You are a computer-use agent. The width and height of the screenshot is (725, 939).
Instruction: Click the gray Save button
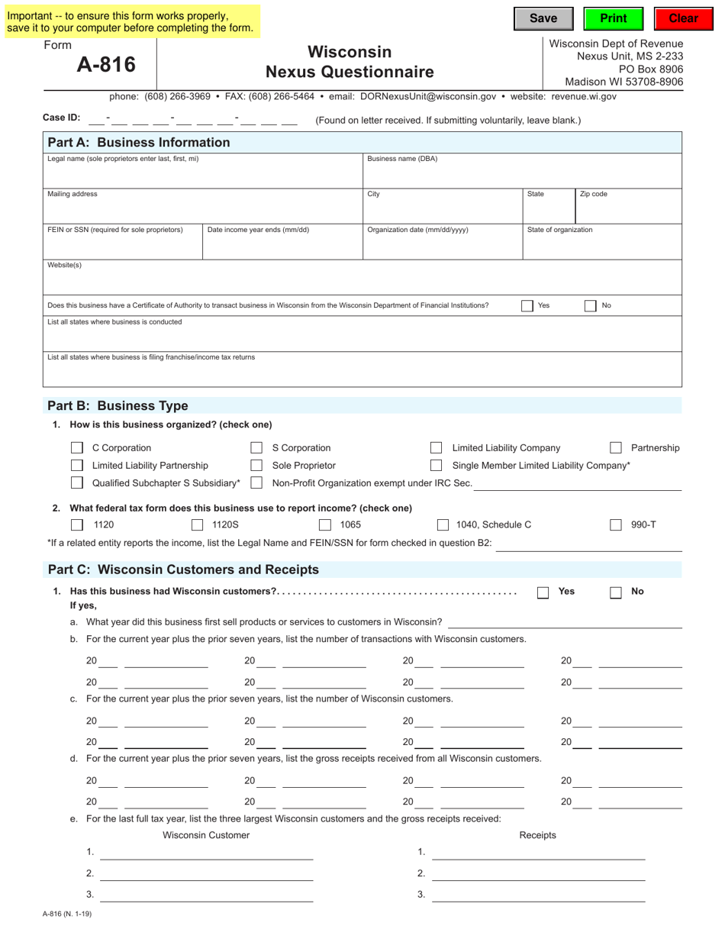(543, 19)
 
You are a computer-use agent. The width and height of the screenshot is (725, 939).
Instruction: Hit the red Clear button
(683, 19)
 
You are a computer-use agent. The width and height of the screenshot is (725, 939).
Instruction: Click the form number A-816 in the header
(106, 65)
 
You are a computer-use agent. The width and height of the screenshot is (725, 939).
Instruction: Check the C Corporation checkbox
(77, 448)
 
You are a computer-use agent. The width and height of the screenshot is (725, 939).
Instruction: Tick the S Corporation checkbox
(256, 448)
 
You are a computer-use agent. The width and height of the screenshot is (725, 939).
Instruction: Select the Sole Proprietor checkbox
(256, 466)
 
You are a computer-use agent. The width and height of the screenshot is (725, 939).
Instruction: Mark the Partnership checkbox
(616, 448)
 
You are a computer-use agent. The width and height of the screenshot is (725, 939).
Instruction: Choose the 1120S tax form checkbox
(197, 525)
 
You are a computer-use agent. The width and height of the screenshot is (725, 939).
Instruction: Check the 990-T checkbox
(616, 525)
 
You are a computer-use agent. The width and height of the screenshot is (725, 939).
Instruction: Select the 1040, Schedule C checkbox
(443, 525)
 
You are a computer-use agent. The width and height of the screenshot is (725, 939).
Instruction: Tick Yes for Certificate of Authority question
(527, 306)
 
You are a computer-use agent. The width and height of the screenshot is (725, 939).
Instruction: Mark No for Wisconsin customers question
(616, 592)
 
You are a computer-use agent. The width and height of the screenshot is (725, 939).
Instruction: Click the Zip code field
(628, 211)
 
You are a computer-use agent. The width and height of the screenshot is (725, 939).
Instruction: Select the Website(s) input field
(362, 282)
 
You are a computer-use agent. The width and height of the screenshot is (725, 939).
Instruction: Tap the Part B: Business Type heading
(118, 406)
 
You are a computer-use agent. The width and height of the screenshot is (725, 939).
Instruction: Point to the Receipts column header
(537, 835)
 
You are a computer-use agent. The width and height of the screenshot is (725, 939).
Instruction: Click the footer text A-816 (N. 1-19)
(67, 914)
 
